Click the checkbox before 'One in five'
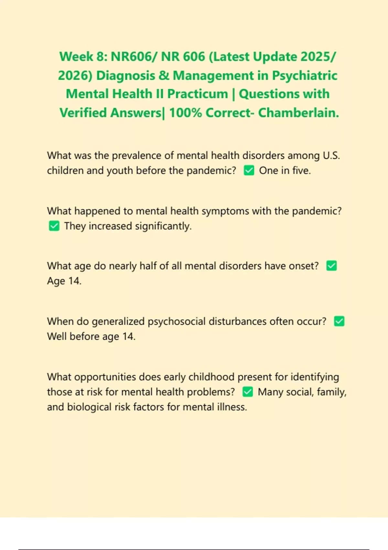(249, 170)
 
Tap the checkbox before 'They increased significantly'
(54, 226)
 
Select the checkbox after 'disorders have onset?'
(331, 266)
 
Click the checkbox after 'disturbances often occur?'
(339, 321)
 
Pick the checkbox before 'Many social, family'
(247, 392)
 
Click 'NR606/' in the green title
(134, 57)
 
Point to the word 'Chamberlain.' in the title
(298, 113)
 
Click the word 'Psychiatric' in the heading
(305, 75)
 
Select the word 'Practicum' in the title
(198, 94)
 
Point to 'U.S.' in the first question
(331, 156)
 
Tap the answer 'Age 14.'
(64, 281)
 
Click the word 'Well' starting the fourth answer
(57, 336)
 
